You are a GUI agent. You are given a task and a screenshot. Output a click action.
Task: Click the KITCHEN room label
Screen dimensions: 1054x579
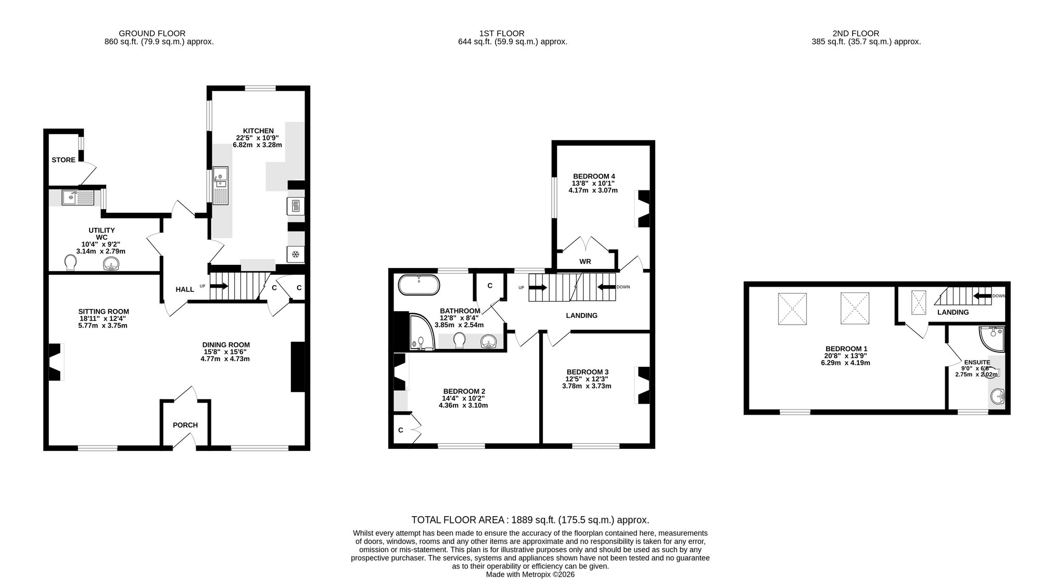point(258,131)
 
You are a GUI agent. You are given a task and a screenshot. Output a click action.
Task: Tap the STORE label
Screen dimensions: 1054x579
point(64,160)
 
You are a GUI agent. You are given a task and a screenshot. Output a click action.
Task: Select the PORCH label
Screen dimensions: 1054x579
point(185,425)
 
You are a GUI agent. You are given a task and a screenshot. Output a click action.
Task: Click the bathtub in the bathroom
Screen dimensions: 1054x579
point(419,285)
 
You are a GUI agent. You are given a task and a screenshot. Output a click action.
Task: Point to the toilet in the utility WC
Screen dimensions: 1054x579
point(71,263)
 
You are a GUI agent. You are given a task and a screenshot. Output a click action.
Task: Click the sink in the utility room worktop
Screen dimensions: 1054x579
point(78,198)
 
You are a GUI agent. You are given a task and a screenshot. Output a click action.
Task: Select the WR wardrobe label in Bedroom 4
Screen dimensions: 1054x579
point(585,261)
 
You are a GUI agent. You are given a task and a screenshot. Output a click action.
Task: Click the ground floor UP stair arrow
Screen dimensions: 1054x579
point(219,286)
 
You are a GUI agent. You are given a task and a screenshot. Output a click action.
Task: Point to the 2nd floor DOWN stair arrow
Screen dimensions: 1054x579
point(982,296)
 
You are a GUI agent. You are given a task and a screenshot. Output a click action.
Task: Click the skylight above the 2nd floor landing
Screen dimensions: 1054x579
point(919,303)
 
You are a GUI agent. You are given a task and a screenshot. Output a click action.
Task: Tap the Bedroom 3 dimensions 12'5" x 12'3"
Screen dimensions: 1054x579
point(587,379)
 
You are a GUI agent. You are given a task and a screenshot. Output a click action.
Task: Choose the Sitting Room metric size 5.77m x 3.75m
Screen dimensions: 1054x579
point(103,326)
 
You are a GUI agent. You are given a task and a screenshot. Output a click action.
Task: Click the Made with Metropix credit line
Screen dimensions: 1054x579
point(530,574)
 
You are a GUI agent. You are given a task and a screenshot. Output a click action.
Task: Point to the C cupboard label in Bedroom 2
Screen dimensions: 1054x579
point(401,430)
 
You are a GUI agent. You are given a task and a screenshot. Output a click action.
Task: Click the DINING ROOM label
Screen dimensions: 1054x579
point(226,344)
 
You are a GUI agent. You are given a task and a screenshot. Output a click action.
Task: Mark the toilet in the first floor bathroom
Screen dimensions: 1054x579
point(459,340)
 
